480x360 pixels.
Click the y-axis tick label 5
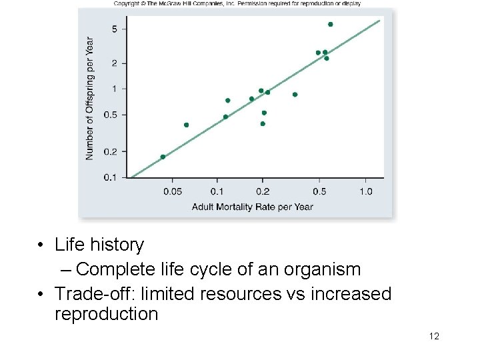115,29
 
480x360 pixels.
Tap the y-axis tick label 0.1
110,177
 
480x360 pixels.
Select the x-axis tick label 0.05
172,192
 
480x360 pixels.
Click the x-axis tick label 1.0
365,192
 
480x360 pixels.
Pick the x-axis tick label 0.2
263,192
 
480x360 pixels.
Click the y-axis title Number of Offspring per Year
90,98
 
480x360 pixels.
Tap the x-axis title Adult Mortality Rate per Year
252,207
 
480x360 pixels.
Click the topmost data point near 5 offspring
330,24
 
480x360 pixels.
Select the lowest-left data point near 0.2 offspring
163,157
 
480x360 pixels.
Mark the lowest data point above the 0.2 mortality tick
263,123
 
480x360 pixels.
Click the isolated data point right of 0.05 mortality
186,125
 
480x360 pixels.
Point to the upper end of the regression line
379,21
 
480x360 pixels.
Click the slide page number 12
434,336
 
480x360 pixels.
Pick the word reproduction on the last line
107,314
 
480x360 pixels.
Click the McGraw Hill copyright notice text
237,3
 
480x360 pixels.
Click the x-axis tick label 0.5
319,192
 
